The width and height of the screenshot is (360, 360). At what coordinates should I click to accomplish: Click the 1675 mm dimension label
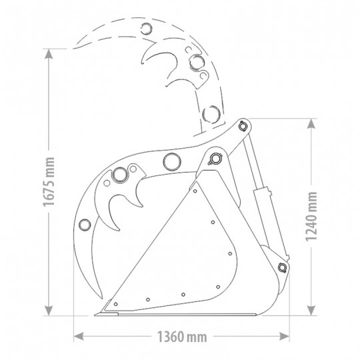(49, 181)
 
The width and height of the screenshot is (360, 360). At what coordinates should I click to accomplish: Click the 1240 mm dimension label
(311, 217)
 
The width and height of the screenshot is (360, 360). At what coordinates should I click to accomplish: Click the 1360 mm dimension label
(182, 337)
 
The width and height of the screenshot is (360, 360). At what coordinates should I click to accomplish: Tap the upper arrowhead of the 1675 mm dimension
(49, 54)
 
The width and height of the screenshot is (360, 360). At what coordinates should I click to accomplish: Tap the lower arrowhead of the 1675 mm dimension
(49, 311)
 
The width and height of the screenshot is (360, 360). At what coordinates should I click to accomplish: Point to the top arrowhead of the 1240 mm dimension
(311, 123)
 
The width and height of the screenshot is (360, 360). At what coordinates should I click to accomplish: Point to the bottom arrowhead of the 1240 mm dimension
(311, 311)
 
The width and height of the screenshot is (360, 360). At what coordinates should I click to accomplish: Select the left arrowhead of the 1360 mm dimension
(79, 337)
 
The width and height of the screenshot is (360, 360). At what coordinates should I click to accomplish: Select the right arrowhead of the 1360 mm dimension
(284, 337)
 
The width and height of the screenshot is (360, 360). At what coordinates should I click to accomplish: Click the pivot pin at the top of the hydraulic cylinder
(243, 126)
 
